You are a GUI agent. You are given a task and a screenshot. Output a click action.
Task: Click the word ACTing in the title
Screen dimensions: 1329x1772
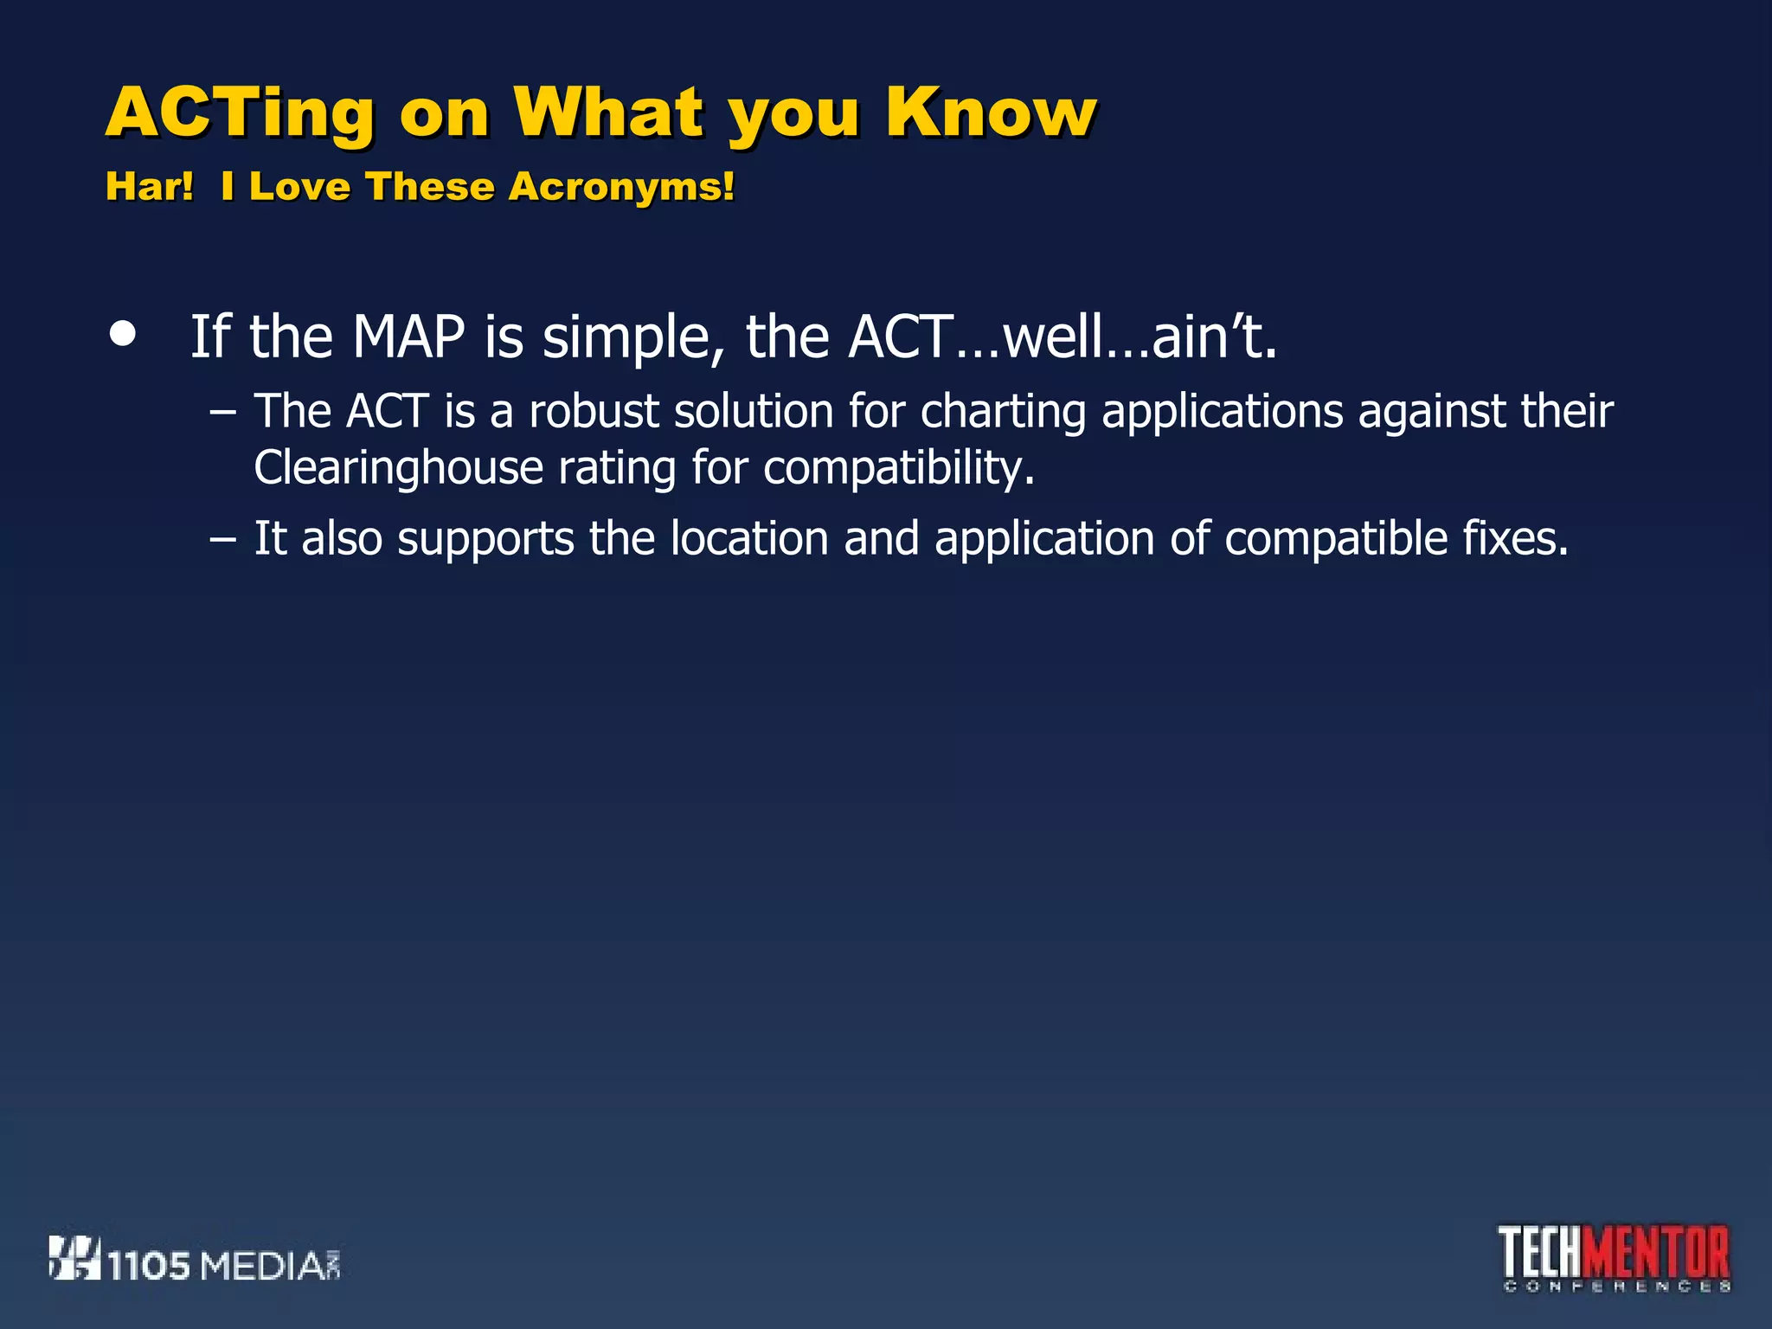241,114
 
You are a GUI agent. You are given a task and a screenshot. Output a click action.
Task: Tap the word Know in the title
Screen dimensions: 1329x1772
991,112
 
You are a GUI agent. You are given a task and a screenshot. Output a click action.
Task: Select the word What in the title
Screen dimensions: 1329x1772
608,112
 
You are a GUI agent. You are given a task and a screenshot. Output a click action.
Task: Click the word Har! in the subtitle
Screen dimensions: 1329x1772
150,187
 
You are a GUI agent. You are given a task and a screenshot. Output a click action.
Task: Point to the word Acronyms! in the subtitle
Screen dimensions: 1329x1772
621,188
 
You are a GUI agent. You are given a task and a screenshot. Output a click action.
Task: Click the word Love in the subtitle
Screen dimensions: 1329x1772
299,187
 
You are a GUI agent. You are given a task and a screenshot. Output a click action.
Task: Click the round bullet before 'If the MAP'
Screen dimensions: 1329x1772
124,335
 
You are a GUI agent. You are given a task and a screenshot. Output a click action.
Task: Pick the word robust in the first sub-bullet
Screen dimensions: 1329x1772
594,411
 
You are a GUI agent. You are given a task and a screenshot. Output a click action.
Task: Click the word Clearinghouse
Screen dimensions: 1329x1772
398,469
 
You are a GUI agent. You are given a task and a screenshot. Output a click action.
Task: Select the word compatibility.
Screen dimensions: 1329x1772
899,469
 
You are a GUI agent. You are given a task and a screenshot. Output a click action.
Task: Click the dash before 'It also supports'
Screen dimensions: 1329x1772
222,540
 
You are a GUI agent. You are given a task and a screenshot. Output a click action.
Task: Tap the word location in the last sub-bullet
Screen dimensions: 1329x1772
749,539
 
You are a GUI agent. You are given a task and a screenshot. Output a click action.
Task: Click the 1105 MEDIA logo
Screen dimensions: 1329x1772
196,1261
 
